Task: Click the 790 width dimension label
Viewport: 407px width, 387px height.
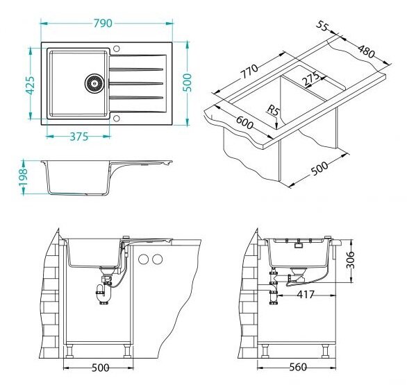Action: pyautogui.click(x=103, y=24)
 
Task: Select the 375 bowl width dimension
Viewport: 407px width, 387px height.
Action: pyautogui.click(x=79, y=137)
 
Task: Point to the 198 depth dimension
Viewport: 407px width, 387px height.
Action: pyautogui.click(x=24, y=177)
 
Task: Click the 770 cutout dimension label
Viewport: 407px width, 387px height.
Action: pyautogui.click(x=249, y=71)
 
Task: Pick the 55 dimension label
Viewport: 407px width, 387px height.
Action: pyautogui.click(x=323, y=26)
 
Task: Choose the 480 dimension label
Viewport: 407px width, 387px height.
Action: pyautogui.click(x=366, y=51)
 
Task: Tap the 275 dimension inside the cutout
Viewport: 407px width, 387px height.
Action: pyautogui.click(x=311, y=79)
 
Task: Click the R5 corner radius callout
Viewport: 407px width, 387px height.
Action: pyautogui.click(x=272, y=111)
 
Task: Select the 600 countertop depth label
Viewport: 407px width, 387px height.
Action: pyautogui.click(x=244, y=122)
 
